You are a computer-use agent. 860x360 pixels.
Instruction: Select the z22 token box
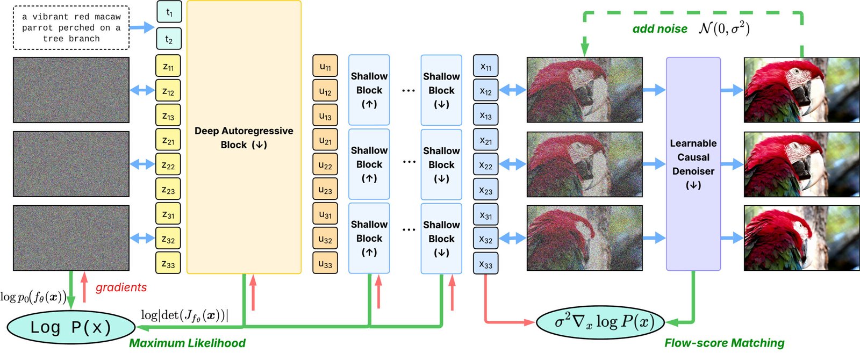(168, 165)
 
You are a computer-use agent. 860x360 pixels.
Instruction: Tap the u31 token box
(325, 214)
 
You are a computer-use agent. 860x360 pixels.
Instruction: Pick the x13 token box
(485, 116)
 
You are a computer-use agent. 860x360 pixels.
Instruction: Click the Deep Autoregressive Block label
(243, 138)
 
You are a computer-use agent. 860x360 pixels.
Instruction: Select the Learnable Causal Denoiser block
(693, 164)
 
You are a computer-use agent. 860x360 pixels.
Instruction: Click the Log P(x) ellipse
(71, 327)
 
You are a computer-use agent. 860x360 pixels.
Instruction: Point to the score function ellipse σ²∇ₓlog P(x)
(600, 322)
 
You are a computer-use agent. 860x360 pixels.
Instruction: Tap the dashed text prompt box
(71, 28)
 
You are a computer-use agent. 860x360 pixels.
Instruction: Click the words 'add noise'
(660, 29)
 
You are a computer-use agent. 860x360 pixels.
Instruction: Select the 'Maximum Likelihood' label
(187, 343)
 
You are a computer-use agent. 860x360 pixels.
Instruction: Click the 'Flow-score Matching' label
(724, 343)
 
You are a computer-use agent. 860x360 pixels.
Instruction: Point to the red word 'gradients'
(121, 287)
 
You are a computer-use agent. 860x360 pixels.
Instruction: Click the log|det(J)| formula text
(184, 315)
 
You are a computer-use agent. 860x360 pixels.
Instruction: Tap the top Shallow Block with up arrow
(369, 90)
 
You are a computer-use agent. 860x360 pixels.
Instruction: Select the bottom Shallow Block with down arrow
(441, 238)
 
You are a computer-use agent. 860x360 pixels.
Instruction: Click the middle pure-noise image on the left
(71, 164)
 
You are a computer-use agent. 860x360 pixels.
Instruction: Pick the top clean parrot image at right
(801, 90)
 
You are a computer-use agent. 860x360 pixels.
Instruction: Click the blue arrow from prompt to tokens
(142, 27)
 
